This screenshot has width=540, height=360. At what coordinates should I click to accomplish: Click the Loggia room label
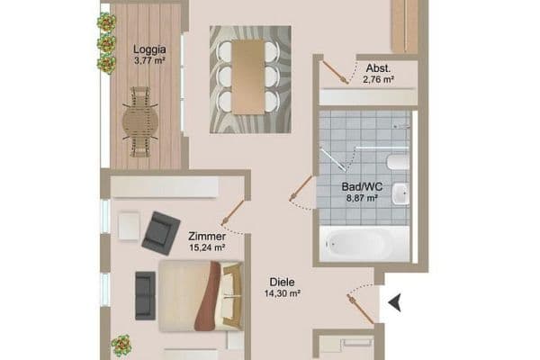148,49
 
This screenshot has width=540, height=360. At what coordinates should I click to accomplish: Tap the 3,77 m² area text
148,61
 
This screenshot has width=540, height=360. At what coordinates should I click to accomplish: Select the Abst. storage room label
378,68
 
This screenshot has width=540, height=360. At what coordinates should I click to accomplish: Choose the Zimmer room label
206,236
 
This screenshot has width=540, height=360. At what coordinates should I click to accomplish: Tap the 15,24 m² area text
206,247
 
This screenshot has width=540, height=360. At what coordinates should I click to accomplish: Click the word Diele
282,281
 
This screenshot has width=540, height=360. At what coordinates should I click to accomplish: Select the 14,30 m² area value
282,292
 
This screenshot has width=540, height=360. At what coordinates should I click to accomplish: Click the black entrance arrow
393,303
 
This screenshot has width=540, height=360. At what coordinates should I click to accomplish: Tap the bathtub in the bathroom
359,242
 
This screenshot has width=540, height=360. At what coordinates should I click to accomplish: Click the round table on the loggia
139,120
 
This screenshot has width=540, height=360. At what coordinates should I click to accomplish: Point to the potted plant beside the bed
121,346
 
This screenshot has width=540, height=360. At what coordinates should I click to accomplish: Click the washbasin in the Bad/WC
400,193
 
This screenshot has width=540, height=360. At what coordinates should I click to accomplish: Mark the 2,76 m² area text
378,80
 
